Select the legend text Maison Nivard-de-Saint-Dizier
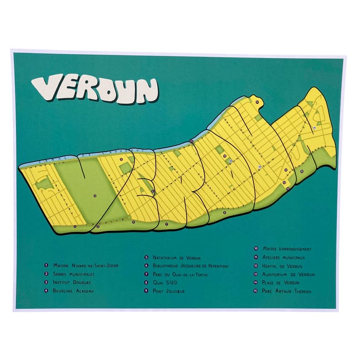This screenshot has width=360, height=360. tap(85, 265)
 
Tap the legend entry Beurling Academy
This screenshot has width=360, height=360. tap(74, 291)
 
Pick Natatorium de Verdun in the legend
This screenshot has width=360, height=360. tap(176, 258)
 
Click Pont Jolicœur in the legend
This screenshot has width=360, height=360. tap(168, 291)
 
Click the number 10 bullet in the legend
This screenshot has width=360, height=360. tap(256, 249)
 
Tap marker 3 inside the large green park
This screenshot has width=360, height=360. tap(95, 196)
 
